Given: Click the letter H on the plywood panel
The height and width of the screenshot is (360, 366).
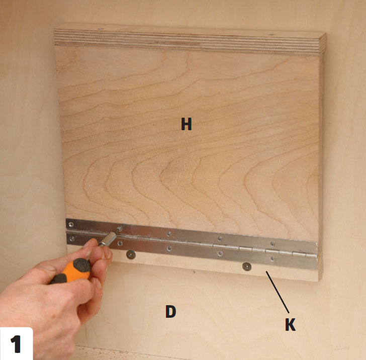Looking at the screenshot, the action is pos(186,124).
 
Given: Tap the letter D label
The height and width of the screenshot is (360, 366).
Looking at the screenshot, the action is pos(170,311).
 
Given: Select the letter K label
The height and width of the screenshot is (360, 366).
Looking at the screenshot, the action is pos(291,324).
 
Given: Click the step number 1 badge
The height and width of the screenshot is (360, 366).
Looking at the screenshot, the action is pos(16,344).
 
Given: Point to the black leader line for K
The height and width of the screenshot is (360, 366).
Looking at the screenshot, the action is pos(278,292).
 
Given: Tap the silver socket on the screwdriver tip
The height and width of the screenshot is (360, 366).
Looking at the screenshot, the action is pos(108,239).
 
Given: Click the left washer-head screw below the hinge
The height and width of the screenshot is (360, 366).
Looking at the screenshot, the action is pos(131,254).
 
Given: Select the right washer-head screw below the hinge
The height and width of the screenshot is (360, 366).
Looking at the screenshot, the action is pos(247,266).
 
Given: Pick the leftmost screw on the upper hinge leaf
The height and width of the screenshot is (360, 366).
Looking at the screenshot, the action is pos(71,225).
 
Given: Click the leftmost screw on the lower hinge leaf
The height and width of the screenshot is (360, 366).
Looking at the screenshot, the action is pos(72,239).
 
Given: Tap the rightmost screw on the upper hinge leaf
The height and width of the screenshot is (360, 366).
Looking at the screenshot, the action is pos(272,244).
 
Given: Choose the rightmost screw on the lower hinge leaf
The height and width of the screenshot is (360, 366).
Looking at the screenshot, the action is pos(272,258).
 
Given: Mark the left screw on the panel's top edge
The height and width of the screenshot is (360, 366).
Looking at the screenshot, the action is pos(101,29).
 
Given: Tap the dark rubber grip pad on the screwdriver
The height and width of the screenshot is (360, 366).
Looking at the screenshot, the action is pos(81,265).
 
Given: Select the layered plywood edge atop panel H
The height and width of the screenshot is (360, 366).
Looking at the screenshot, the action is pos(189,42).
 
